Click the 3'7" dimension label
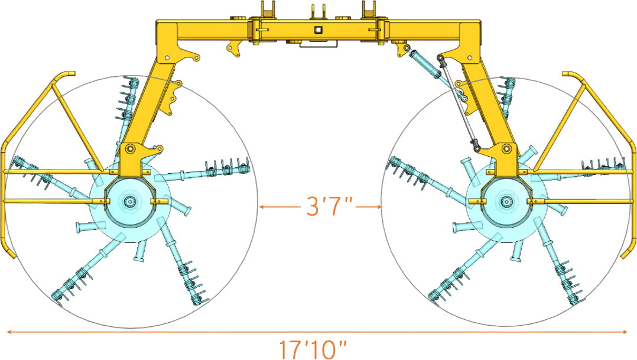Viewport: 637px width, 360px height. (x=329, y=206)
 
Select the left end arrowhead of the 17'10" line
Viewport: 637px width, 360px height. (x=8, y=332)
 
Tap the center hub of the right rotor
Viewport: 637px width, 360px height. (x=506, y=202)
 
